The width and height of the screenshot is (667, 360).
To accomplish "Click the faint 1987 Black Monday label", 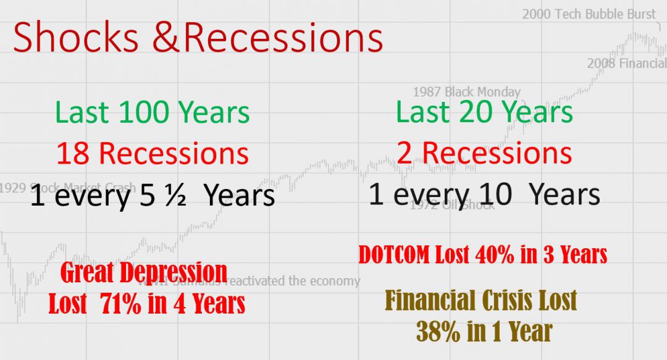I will coord(466,92).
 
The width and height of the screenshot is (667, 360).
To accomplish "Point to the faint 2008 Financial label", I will coord(626,63).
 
